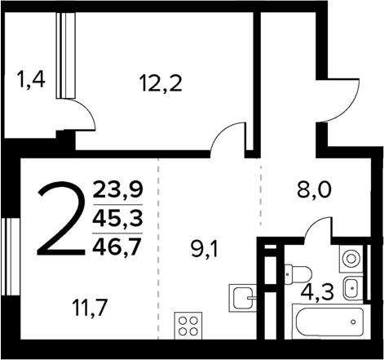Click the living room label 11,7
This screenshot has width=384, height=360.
(90, 308)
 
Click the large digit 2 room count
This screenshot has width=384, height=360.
(61, 220)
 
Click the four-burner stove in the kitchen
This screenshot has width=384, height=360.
(189, 326)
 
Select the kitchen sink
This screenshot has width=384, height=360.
(242, 297)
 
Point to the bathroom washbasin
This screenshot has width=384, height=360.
(351, 287)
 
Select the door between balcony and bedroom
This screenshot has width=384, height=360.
(79, 115)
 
